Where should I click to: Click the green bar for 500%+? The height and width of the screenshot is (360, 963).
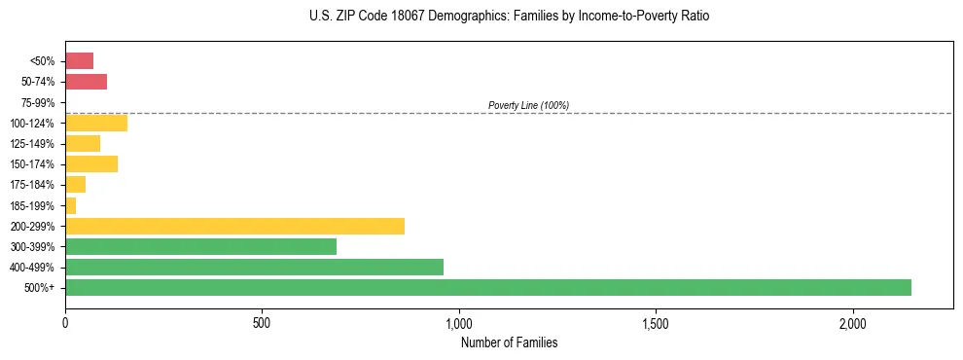pyautogui.click(x=487, y=287)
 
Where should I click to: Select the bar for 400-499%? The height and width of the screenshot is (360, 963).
pyautogui.click(x=254, y=267)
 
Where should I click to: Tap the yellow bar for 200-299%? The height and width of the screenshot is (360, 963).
pyautogui.click(x=234, y=226)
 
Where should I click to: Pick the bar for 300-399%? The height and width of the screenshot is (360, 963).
pyautogui.click(x=200, y=246)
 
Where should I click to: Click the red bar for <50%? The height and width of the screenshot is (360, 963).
pyautogui.click(x=79, y=61)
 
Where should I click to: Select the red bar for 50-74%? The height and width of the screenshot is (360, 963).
pyautogui.click(x=86, y=82)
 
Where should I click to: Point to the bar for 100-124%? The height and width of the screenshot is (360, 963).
pyautogui.click(x=96, y=123)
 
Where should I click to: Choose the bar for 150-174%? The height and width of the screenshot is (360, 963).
pyautogui.click(x=91, y=163)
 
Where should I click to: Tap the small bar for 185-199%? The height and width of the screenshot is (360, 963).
pyautogui.click(x=70, y=205)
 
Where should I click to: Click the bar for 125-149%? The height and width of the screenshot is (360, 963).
pyautogui.click(x=83, y=143)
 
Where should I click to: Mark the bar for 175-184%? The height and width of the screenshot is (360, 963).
pyautogui.click(x=75, y=185)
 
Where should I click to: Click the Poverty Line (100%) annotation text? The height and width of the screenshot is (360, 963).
pyautogui.click(x=528, y=105)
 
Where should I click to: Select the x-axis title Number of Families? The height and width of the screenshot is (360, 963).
pyautogui.click(x=509, y=343)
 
